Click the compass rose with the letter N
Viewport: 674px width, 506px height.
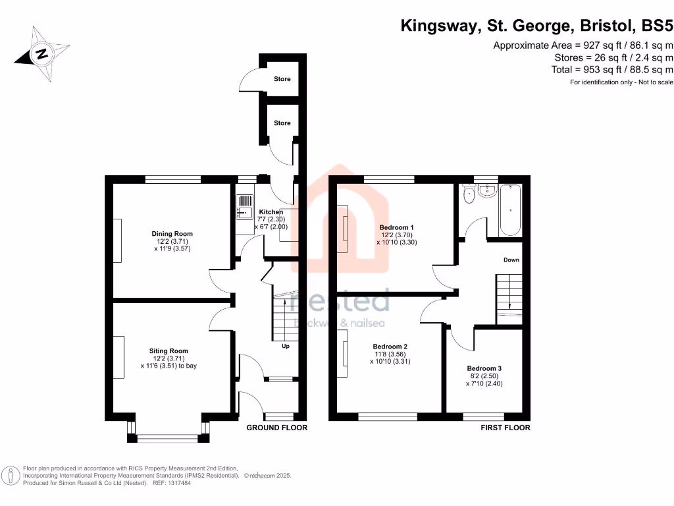coord(41,53)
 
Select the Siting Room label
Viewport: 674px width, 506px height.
coord(169,351)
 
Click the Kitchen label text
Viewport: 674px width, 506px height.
coord(271,212)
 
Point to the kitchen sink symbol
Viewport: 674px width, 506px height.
coord(243,207)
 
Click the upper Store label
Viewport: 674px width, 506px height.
coord(282,79)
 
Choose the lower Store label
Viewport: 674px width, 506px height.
coord(282,123)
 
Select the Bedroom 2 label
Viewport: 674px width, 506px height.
coord(390,347)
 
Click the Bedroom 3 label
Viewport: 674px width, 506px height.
coord(484,368)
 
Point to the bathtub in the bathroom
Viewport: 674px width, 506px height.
coord(511,210)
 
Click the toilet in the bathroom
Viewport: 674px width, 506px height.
coord(469,194)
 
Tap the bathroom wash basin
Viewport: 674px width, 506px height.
coord(488,190)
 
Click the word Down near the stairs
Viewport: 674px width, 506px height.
coord(511,260)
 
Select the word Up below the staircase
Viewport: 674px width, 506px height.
coord(286,346)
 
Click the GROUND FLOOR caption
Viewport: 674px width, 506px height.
coord(276,428)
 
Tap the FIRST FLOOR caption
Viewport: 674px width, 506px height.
coord(505,428)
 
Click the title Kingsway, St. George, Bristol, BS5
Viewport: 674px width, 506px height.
coord(537,26)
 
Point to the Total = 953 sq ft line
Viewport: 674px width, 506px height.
coord(612,69)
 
